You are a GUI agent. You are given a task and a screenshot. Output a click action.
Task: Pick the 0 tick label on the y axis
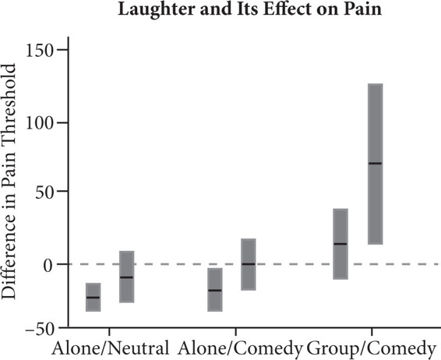click(59, 264)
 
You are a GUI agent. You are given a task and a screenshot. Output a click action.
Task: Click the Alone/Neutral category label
click(109, 348)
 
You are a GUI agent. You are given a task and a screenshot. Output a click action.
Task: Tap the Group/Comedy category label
click(369, 348)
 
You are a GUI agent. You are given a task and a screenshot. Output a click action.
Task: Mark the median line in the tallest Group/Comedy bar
click(375, 163)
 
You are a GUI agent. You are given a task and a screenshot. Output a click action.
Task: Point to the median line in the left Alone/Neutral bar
click(93, 298)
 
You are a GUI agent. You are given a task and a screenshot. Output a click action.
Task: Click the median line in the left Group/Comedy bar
click(340, 244)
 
